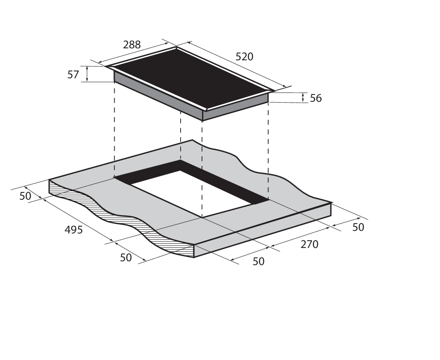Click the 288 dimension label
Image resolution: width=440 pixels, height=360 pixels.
pos(131,44)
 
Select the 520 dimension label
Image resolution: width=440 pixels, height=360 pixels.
pos(244,56)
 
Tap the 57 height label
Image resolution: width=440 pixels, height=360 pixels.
pos(73,74)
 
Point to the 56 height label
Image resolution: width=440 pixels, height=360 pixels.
pos(316,98)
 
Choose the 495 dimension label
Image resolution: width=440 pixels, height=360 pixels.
pos(74,230)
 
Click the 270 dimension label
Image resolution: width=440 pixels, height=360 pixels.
pos(309,245)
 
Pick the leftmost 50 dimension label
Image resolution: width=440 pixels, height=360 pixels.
pos(25,196)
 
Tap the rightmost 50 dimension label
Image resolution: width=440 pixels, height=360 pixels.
pos(358,227)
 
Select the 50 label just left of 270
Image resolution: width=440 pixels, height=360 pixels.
pos(259,261)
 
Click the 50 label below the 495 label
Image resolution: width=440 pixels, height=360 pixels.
pos(126,258)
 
